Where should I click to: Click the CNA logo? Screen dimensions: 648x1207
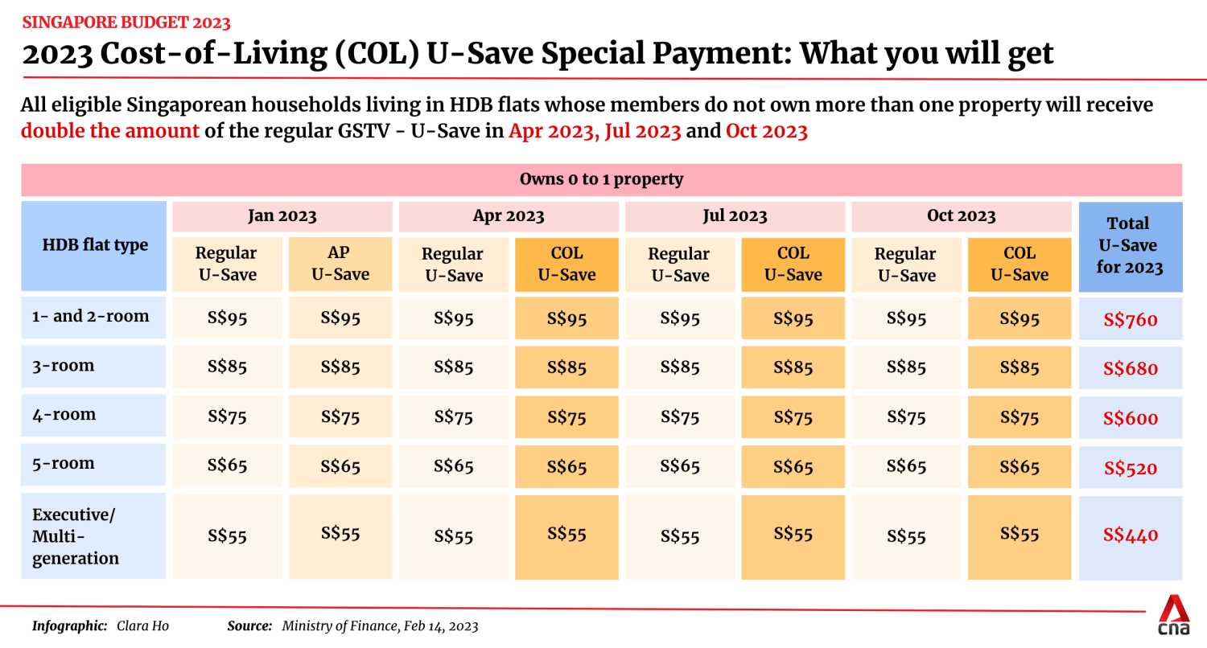[1175, 615]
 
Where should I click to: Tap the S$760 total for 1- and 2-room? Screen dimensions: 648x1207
[1131, 320]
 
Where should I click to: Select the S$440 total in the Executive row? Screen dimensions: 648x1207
[1131, 535]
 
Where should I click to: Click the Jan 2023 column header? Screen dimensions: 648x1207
[282, 216]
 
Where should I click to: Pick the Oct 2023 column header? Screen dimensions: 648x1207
[962, 216]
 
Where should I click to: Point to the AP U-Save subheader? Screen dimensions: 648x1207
[340, 263]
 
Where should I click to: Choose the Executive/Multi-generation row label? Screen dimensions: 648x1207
[76, 535]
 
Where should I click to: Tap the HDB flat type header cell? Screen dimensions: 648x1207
[95, 245]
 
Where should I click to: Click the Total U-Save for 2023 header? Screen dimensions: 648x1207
[1129, 245]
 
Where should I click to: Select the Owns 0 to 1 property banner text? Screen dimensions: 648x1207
[601, 179]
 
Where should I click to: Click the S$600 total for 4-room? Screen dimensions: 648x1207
[1131, 418]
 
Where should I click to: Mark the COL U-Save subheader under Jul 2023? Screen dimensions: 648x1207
[793, 263]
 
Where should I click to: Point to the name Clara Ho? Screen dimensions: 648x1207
[142, 625]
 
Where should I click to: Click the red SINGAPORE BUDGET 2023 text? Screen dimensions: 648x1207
[126, 22]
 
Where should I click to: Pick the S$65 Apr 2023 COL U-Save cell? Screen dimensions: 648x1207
[566, 467]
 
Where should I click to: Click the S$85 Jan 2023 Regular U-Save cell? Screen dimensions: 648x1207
[227, 367]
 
